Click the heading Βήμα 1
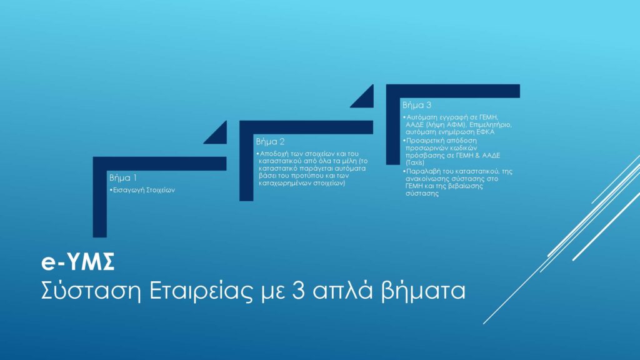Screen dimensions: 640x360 pyautogui.click(x=123, y=178)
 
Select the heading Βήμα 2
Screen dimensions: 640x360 pyautogui.click(x=270, y=142)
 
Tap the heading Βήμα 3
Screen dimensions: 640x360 pyautogui.click(x=417, y=105)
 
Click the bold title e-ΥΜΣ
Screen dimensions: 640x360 pyautogui.click(x=78, y=262)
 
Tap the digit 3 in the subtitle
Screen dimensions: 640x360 pyautogui.click(x=299, y=291)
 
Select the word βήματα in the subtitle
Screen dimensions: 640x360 pyautogui.click(x=423, y=291)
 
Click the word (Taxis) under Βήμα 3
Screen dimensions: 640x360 pyautogui.click(x=415, y=162)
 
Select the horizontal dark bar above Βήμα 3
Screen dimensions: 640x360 pyautogui.click(x=453, y=91)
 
